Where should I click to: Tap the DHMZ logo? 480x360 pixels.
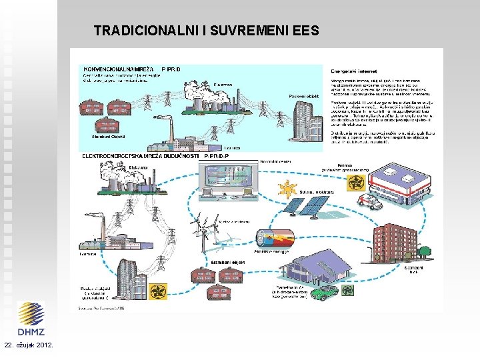pos(31,319)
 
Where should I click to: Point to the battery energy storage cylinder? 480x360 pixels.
pos(275,239)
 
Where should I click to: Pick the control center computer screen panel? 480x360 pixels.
pos(227,179)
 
